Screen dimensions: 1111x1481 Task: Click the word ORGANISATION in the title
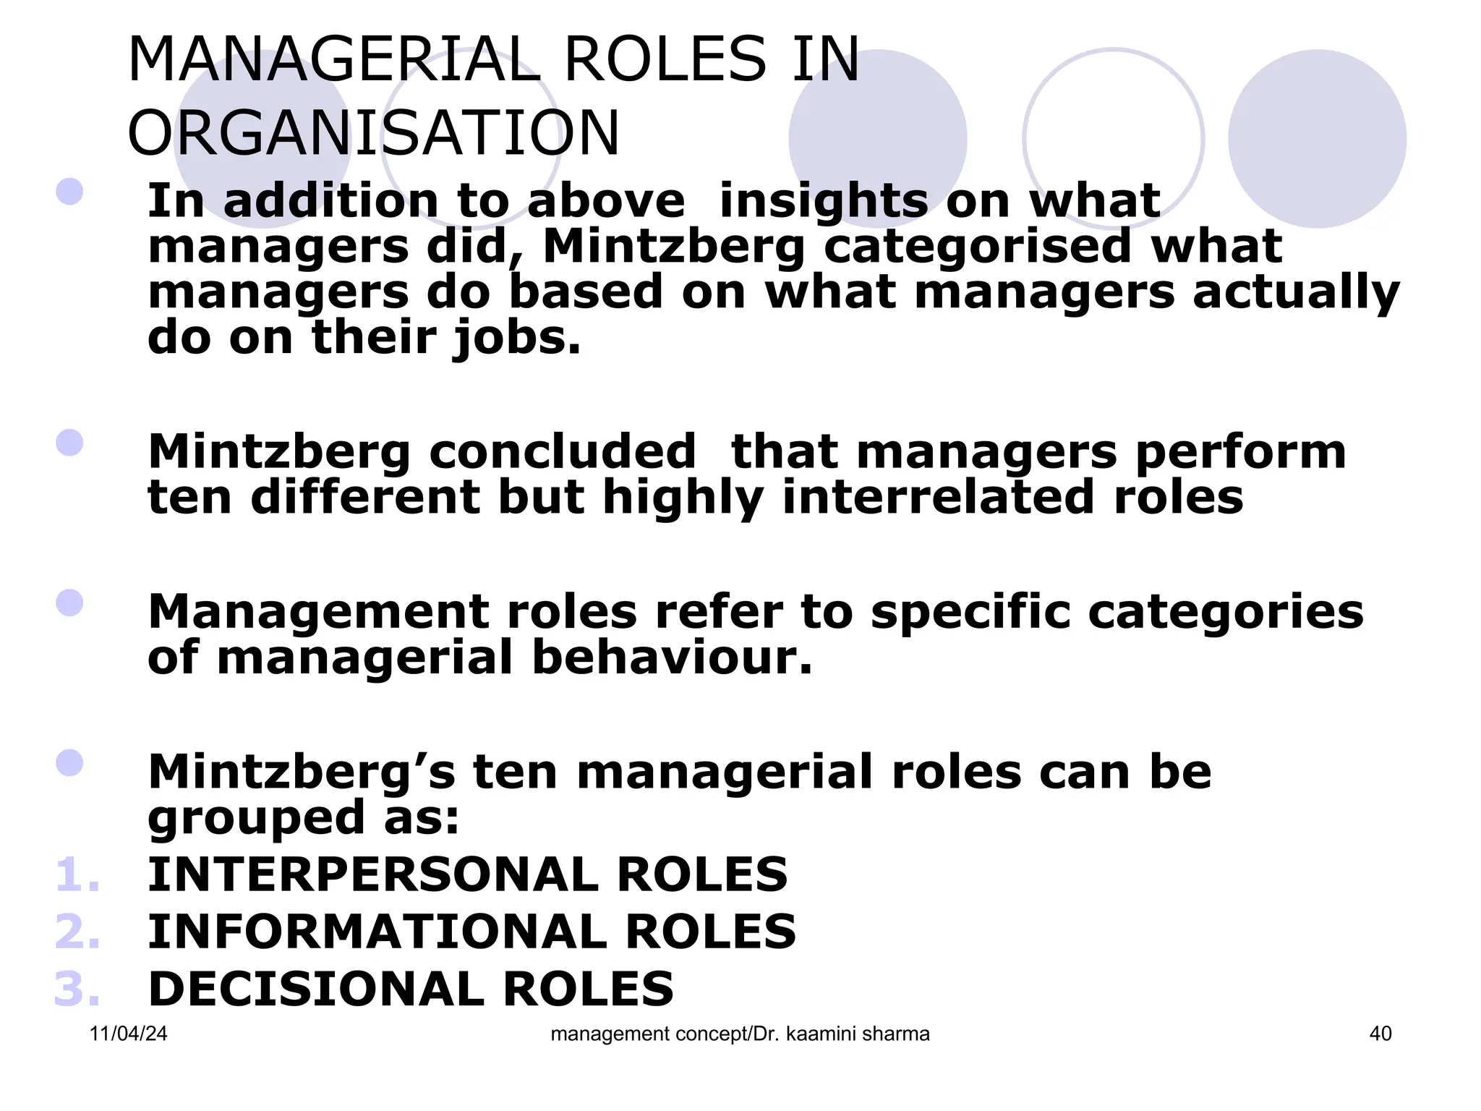coord(373,134)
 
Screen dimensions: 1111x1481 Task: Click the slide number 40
coord(1380,1034)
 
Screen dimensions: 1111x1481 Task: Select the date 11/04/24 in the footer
coord(128,1034)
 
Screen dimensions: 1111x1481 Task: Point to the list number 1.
coord(77,874)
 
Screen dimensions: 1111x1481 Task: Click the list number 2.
coord(77,932)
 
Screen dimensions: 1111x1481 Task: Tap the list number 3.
coord(77,989)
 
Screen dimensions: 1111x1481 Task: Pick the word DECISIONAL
coord(316,989)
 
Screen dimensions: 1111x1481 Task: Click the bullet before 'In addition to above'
coord(69,192)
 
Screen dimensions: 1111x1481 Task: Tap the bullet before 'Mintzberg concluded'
coord(69,443)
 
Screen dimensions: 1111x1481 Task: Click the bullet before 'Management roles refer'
coord(69,603)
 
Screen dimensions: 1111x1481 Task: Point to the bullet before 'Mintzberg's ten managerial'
coord(69,763)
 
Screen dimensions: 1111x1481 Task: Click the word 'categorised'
coord(977,247)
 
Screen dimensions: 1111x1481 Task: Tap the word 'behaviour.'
coord(673,657)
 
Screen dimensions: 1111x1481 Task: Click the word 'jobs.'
coord(517,339)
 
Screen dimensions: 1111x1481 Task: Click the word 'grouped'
coord(256,819)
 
